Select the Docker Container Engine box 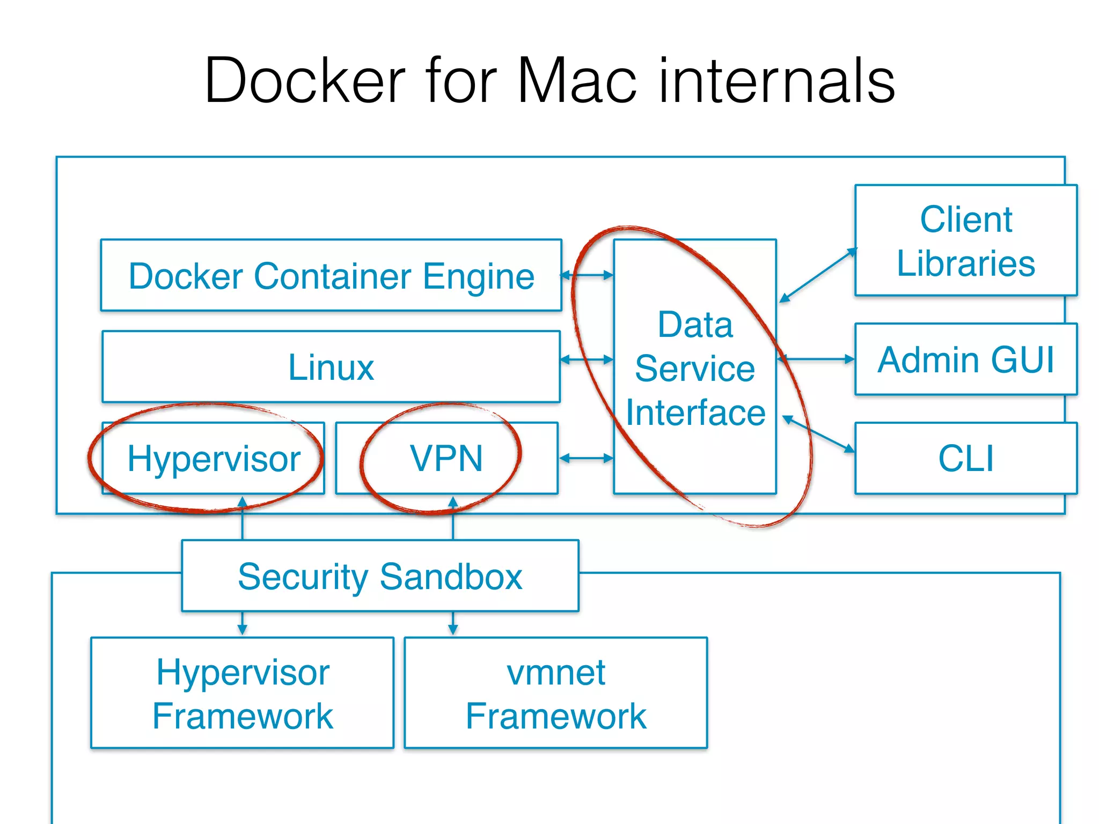click(x=331, y=276)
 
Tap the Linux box click(x=331, y=367)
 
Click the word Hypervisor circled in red click(x=214, y=459)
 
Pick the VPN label click(x=446, y=459)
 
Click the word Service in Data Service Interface click(x=695, y=369)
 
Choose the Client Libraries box click(x=965, y=241)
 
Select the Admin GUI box click(x=965, y=359)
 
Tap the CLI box click(x=965, y=459)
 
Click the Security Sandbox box click(x=380, y=576)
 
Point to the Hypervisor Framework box click(x=243, y=693)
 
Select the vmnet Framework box click(x=555, y=693)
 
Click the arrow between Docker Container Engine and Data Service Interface click(x=587, y=275)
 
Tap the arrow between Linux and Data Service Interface click(x=587, y=359)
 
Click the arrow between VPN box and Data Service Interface click(x=586, y=458)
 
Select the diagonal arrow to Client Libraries click(x=818, y=275)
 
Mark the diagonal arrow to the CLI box click(x=818, y=433)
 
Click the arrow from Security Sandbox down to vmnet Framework click(x=453, y=623)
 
